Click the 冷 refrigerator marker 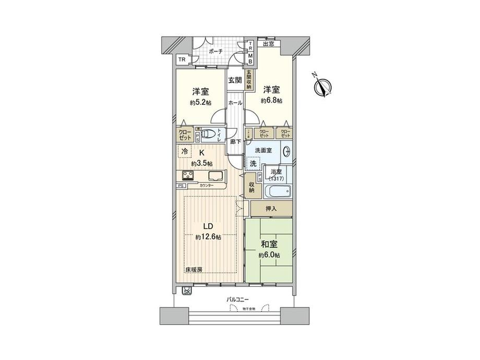[x=185, y=152]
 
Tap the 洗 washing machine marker [x=253, y=164]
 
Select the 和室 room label [x=269, y=243]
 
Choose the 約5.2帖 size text [x=200, y=102]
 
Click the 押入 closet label [x=271, y=208]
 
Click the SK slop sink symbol [x=187, y=292]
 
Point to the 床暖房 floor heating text [x=194, y=269]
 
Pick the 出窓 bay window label [x=268, y=44]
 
